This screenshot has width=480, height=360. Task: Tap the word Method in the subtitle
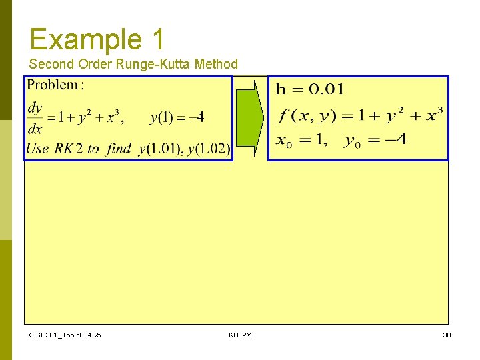click(216, 64)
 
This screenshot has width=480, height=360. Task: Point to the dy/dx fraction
click(35, 117)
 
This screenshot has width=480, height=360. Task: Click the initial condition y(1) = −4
click(177, 118)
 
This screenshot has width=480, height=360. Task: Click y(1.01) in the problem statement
click(161, 149)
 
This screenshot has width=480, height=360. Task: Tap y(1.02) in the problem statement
click(209, 149)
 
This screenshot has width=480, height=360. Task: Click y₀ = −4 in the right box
click(375, 141)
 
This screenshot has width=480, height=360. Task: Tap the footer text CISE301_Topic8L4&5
click(65, 335)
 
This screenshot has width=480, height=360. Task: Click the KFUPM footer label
click(240, 335)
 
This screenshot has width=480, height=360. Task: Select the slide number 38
click(447, 335)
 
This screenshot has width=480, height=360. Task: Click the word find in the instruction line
click(119, 149)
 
